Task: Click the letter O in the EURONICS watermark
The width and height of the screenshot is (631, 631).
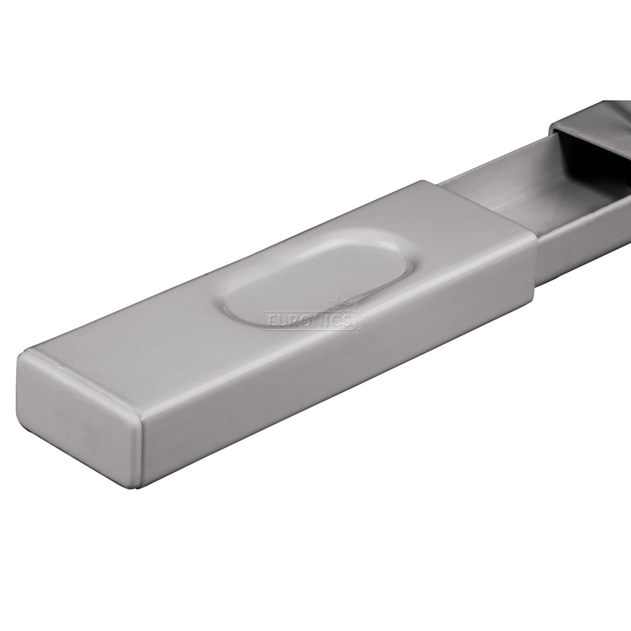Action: pos(304,321)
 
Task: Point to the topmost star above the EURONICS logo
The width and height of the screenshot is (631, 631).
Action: pos(338,301)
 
